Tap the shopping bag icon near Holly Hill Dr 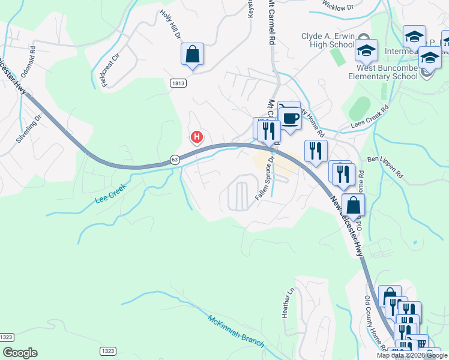192,55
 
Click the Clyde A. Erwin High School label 328,40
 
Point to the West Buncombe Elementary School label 383,73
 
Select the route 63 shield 175,160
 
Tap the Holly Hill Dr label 170,25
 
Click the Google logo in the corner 20,353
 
